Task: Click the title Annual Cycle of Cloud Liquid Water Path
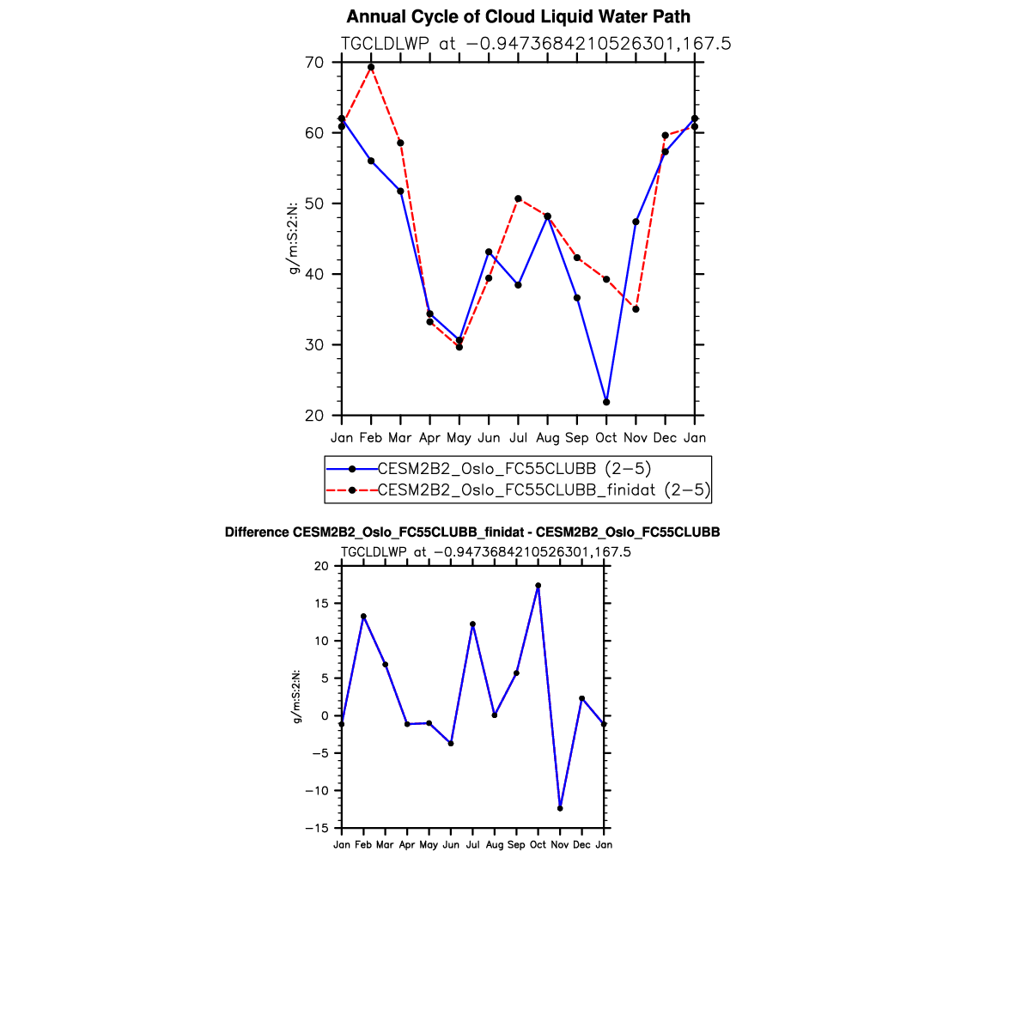tap(518, 17)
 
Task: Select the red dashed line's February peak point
tap(371, 67)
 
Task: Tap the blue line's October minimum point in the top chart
tap(606, 402)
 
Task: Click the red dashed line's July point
tap(518, 198)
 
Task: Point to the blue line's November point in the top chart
tap(636, 222)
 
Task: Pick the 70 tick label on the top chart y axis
tap(314, 63)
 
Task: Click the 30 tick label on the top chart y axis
tap(314, 345)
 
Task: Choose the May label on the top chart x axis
tap(459, 438)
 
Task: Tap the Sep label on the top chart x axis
tap(577, 438)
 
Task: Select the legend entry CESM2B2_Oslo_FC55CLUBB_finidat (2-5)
tap(544, 490)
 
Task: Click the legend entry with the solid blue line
tap(514, 468)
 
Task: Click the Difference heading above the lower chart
tap(472, 532)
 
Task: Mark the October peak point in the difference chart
tap(538, 586)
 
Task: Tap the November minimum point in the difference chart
tap(560, 808)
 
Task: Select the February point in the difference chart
tap(363, 616)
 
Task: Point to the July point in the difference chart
tap(472, 624)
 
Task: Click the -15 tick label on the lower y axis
tap(319, 828)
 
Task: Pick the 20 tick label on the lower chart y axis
tap(322, 566)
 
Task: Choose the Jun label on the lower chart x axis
tap(451, 845)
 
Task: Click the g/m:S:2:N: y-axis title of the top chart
tap(294, 239)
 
